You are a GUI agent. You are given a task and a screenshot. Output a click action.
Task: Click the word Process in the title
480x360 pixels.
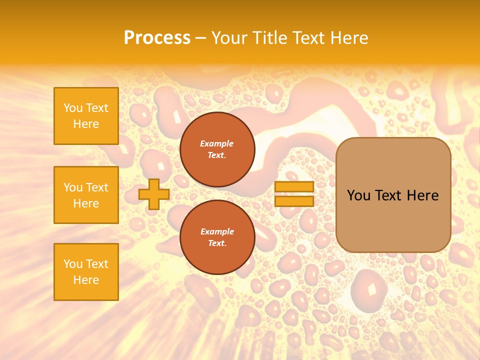[157, 37]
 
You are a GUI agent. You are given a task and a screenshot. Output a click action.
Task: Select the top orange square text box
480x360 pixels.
[86, 116]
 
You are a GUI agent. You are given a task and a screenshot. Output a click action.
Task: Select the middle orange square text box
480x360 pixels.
[86, 195]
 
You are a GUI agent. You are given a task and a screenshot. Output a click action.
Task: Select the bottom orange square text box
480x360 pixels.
[86, 272]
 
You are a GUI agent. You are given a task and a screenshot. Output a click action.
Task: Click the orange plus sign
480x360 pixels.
[153, 194]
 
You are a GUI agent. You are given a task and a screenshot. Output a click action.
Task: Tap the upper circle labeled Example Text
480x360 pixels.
[217, 149]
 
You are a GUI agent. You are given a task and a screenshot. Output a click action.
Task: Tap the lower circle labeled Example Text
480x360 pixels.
[217, 237]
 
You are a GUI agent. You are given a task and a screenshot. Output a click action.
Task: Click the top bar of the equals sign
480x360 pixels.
[294, 187]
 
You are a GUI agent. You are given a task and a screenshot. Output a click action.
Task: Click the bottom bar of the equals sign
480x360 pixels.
[294, 201]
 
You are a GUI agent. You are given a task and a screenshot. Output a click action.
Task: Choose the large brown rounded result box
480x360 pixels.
[393, 195]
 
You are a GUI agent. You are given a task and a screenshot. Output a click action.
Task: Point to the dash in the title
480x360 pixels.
[200, 38]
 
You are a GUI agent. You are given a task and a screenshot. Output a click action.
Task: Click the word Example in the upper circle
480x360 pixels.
[217, 143]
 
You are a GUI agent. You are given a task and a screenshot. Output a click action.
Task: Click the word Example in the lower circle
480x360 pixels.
[217, 231]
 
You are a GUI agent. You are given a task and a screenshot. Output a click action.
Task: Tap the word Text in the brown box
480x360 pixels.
[388, 195]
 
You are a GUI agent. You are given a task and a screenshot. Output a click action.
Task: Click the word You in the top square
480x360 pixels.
[73, 108]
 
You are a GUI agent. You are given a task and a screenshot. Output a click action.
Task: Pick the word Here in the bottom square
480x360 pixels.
[86, 280]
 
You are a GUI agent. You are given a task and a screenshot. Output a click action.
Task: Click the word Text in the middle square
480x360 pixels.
[96, 187]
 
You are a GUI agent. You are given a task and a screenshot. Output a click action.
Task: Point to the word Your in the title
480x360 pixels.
[229, 37]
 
